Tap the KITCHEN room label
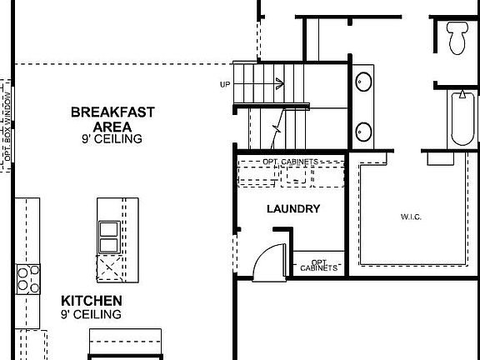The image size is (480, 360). click(92, 300)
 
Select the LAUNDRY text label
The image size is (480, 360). click(292, 209)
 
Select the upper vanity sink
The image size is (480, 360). click(364, 82)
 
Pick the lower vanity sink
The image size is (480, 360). click(364, 131)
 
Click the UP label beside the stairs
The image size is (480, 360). click(225, 84)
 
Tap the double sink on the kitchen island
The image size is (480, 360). click(108, 237)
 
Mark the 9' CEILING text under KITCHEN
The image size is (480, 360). click(92, 314)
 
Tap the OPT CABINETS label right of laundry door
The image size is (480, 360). click(318, 264)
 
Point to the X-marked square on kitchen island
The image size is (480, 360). click(109, 269)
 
